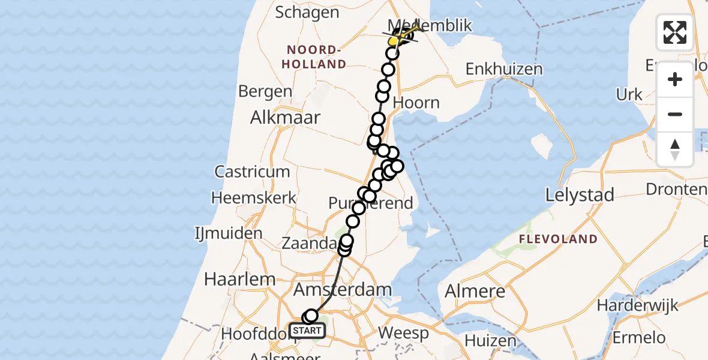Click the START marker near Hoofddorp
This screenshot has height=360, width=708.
307,330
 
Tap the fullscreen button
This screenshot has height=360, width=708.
675,32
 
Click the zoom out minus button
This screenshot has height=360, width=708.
675,115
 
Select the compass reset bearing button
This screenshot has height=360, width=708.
675,149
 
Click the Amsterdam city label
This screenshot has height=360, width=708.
342,290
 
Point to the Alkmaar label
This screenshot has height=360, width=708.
287,118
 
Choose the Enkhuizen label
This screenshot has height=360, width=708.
504,69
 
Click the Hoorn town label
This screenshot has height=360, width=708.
416,103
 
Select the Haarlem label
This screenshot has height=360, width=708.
240,279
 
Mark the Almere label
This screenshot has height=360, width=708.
475,292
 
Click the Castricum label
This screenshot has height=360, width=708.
252,172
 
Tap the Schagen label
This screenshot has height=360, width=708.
307,13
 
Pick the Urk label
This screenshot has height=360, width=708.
628,95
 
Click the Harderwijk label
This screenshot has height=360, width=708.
637,305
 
